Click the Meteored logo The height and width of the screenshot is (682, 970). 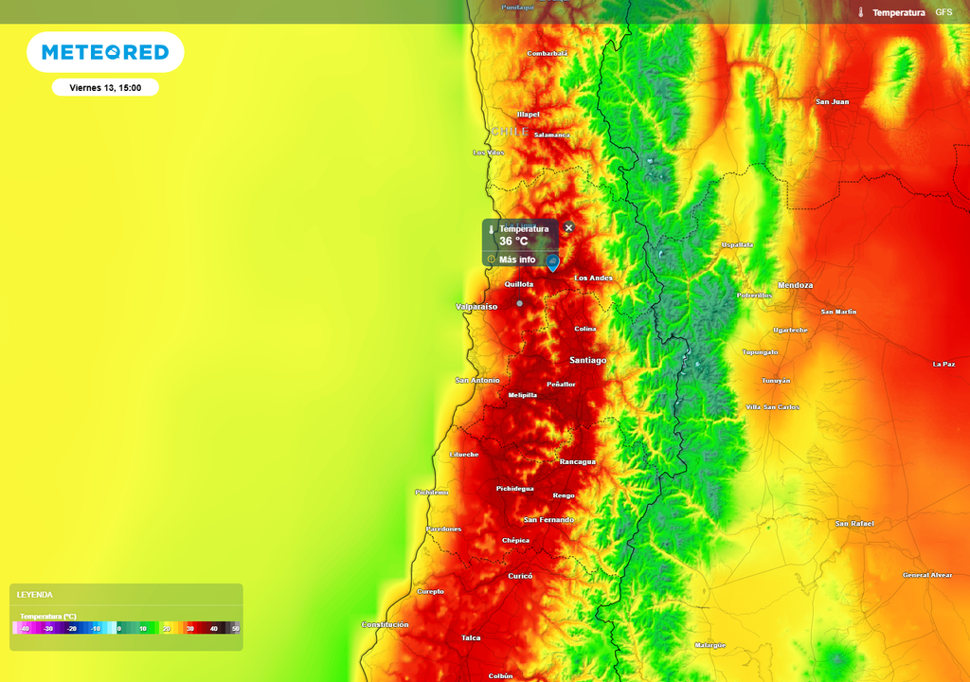[x=105, y=52]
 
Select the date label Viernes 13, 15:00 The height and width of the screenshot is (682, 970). [x=105, y=88]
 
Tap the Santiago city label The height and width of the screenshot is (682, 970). [x=587, y=360]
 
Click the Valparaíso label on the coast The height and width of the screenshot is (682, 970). [x=476, y=307]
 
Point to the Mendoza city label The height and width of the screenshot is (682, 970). [x=795, y=285]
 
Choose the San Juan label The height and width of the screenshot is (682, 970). [x=832, y=101]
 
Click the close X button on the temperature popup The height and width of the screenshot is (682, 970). [x=568, y=227]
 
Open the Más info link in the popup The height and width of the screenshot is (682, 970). [x=516, y=260]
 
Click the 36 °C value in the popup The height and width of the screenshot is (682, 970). [x=513, y=242]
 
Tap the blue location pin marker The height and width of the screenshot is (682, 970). [x=553, y=261]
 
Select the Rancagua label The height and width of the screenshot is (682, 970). [x=578, y=461]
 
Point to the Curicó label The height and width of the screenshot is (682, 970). [x=520, y=576]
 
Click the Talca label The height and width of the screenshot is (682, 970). [x=471, y=637]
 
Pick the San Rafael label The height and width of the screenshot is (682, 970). [x=854, y=524]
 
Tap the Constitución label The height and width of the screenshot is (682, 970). [x=385, y=624]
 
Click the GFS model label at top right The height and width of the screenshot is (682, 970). [x=943, y=12]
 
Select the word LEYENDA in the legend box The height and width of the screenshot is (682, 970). [x=35, y=595]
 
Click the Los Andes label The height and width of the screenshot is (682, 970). [x=594, y=278]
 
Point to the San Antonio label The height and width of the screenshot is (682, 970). [x=477, y=380]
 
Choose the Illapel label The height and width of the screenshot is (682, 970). [x=528, y=115]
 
